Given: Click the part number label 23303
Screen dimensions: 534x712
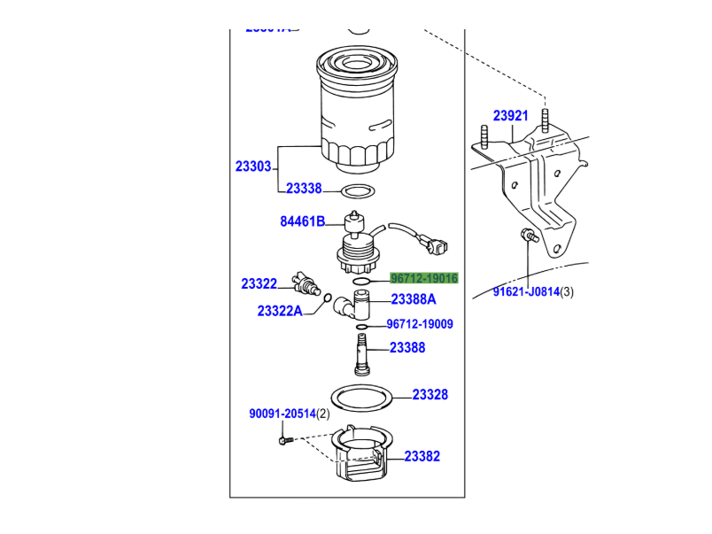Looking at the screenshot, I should [253, 166].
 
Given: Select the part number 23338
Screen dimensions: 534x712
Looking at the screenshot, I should [304, 189].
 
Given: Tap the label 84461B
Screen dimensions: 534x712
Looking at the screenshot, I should [303, 221].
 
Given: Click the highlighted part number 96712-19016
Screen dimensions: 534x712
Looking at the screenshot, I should [424, 278].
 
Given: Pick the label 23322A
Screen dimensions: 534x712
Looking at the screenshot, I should [280, 311].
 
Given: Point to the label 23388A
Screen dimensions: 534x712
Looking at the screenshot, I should [414, 299].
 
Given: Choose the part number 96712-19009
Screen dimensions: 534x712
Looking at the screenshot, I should [420, 324].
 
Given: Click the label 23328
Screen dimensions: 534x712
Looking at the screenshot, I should [430, 395].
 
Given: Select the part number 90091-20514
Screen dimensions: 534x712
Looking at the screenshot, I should [282, 414].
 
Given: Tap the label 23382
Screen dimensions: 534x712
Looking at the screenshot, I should [422, 457].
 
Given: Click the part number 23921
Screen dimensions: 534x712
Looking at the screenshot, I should [511, 116].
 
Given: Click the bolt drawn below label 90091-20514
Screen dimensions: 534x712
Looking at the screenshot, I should [284, 437].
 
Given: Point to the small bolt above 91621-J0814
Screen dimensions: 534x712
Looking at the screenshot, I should [528, 236].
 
